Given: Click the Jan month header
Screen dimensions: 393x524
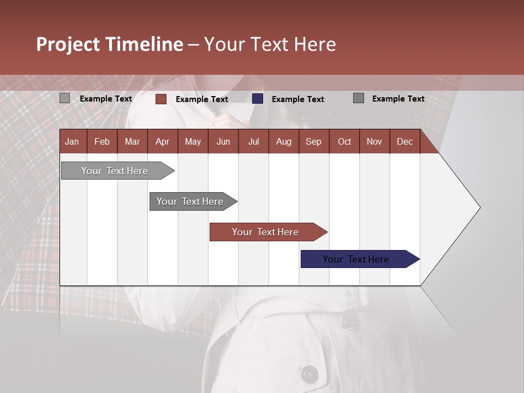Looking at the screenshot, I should click(x=73, y=141).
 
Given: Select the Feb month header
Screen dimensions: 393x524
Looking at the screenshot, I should click(x=102, y=141).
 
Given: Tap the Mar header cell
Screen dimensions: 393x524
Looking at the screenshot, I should click(x=132, y=141).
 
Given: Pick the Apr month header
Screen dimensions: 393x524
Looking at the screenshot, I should click(x=163, y=141).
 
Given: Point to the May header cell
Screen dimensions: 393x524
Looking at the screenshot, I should click(x=193, y=141).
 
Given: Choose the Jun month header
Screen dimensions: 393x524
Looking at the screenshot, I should click(x=223, y=141).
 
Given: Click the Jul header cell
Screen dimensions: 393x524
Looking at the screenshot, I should click(x=253, y=141).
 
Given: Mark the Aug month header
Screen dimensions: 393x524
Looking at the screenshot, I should click(x=284, y=141).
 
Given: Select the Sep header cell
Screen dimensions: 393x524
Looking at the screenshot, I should click(x=314, y=141).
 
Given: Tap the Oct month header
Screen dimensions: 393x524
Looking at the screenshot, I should click(x=344, y=141).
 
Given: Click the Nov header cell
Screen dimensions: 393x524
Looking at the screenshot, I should click(x=374, y=141).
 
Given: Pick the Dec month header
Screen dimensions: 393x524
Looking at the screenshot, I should click(x=405, y=141).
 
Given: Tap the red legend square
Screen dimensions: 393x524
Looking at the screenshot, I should click(x=161, y=99).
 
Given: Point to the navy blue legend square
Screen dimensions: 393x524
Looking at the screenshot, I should click(x=258, y=99).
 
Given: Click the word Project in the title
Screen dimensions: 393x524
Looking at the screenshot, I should click(x=69, y=44).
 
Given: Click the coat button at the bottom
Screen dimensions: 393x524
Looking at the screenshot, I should click(x=310, y=374).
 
